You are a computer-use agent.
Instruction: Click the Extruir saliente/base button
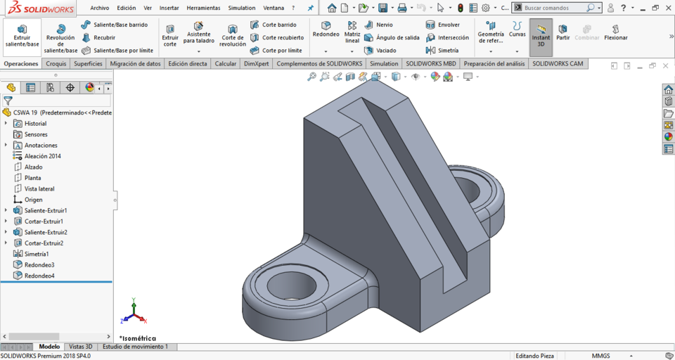(22, 36)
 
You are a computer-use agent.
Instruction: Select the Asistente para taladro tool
(199, 32)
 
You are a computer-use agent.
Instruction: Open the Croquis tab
(56, 63)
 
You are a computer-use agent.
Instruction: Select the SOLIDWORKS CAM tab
(558, 63)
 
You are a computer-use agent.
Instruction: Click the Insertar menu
(169, 8)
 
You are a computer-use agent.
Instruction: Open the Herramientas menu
(203, 8)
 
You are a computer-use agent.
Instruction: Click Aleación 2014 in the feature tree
(42, 156)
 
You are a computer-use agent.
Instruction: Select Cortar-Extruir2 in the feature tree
(44, 243)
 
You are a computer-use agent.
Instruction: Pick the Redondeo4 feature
(39, 276)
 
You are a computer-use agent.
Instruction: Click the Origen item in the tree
(33, 200)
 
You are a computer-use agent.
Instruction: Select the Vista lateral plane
(39, 188)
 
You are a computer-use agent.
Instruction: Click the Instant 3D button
(541, 37)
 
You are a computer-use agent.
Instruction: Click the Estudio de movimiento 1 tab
(135, 347)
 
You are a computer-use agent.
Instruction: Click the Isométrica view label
(139, 338)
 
